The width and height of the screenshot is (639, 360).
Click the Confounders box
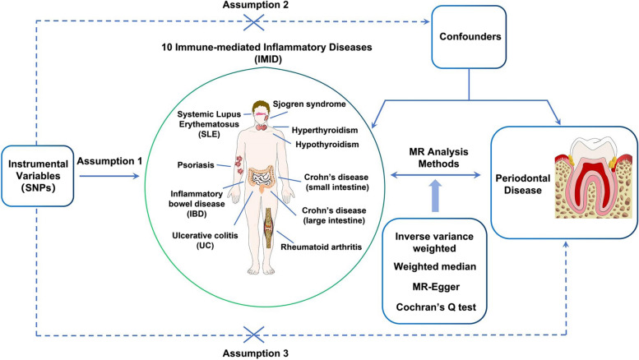[469, 37]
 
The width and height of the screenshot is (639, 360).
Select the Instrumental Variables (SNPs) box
[38, 176]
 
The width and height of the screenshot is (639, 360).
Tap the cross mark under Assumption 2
[253, 22]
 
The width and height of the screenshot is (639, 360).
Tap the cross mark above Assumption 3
[253, 335]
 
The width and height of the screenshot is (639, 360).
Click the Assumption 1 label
[109, 161]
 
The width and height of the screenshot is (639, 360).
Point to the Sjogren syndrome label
[309, 104]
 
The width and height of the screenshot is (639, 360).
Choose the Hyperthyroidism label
[325, 131]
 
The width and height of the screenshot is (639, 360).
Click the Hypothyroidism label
[327, 145]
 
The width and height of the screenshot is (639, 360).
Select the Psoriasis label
[196, 165]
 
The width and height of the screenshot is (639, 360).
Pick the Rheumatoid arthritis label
[321, 247]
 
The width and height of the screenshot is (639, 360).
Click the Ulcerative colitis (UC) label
[205, 240]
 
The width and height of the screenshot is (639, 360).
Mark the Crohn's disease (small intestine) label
[336, 182]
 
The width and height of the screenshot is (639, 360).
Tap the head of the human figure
[261, 111]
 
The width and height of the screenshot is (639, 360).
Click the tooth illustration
[594, 178]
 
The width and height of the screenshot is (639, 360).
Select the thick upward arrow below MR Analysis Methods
[435, 196]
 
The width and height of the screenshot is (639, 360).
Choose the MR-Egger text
[436, 287]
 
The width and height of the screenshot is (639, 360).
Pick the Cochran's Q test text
[436, 307]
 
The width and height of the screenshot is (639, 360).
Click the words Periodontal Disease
[522, 184]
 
